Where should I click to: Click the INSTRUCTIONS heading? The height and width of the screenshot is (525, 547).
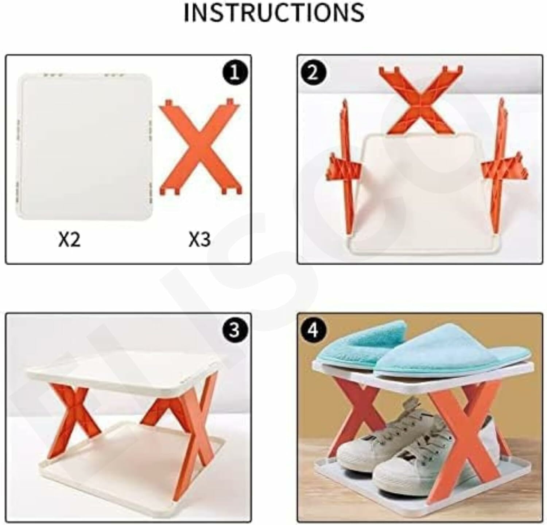[x=273, y=12]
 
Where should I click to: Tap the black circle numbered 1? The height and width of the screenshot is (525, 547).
[x=234, y=73]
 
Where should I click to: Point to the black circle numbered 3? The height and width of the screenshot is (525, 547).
[x=234, y=330]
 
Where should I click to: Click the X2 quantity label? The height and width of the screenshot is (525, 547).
[x=69, y=239]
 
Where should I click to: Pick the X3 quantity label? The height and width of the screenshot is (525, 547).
[x=199, y=239]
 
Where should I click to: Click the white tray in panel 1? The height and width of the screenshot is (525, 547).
[x=84, y=147]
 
